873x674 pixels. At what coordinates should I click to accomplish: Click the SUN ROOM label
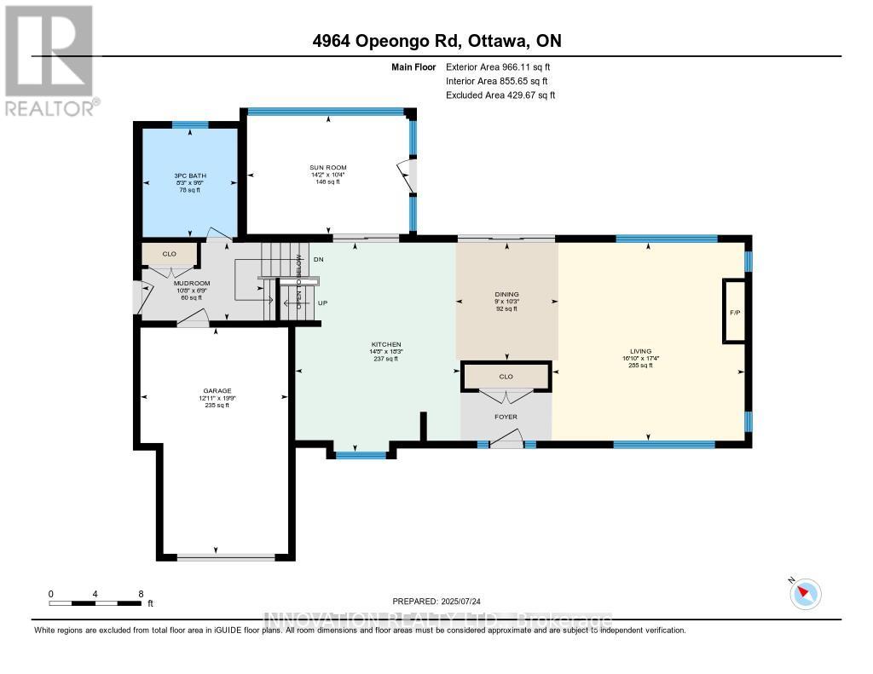[327, 168]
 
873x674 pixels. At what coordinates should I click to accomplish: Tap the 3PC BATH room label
[189, 176]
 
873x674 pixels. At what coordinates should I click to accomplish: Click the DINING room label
[506, 294]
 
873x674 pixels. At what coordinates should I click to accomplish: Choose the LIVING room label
[639, 351]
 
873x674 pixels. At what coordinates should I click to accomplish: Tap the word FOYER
[506, 417]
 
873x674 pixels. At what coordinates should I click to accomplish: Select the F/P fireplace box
[734, 312]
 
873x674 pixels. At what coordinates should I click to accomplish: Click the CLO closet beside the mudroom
[170, 254]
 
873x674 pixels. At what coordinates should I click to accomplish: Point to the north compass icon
[806, 593]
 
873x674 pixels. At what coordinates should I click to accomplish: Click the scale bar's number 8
[141, 593]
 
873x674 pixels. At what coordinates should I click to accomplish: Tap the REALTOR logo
[49, 60]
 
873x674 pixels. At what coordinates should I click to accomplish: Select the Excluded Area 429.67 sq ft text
[500, 95]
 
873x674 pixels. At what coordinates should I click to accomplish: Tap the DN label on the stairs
[319, 258]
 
